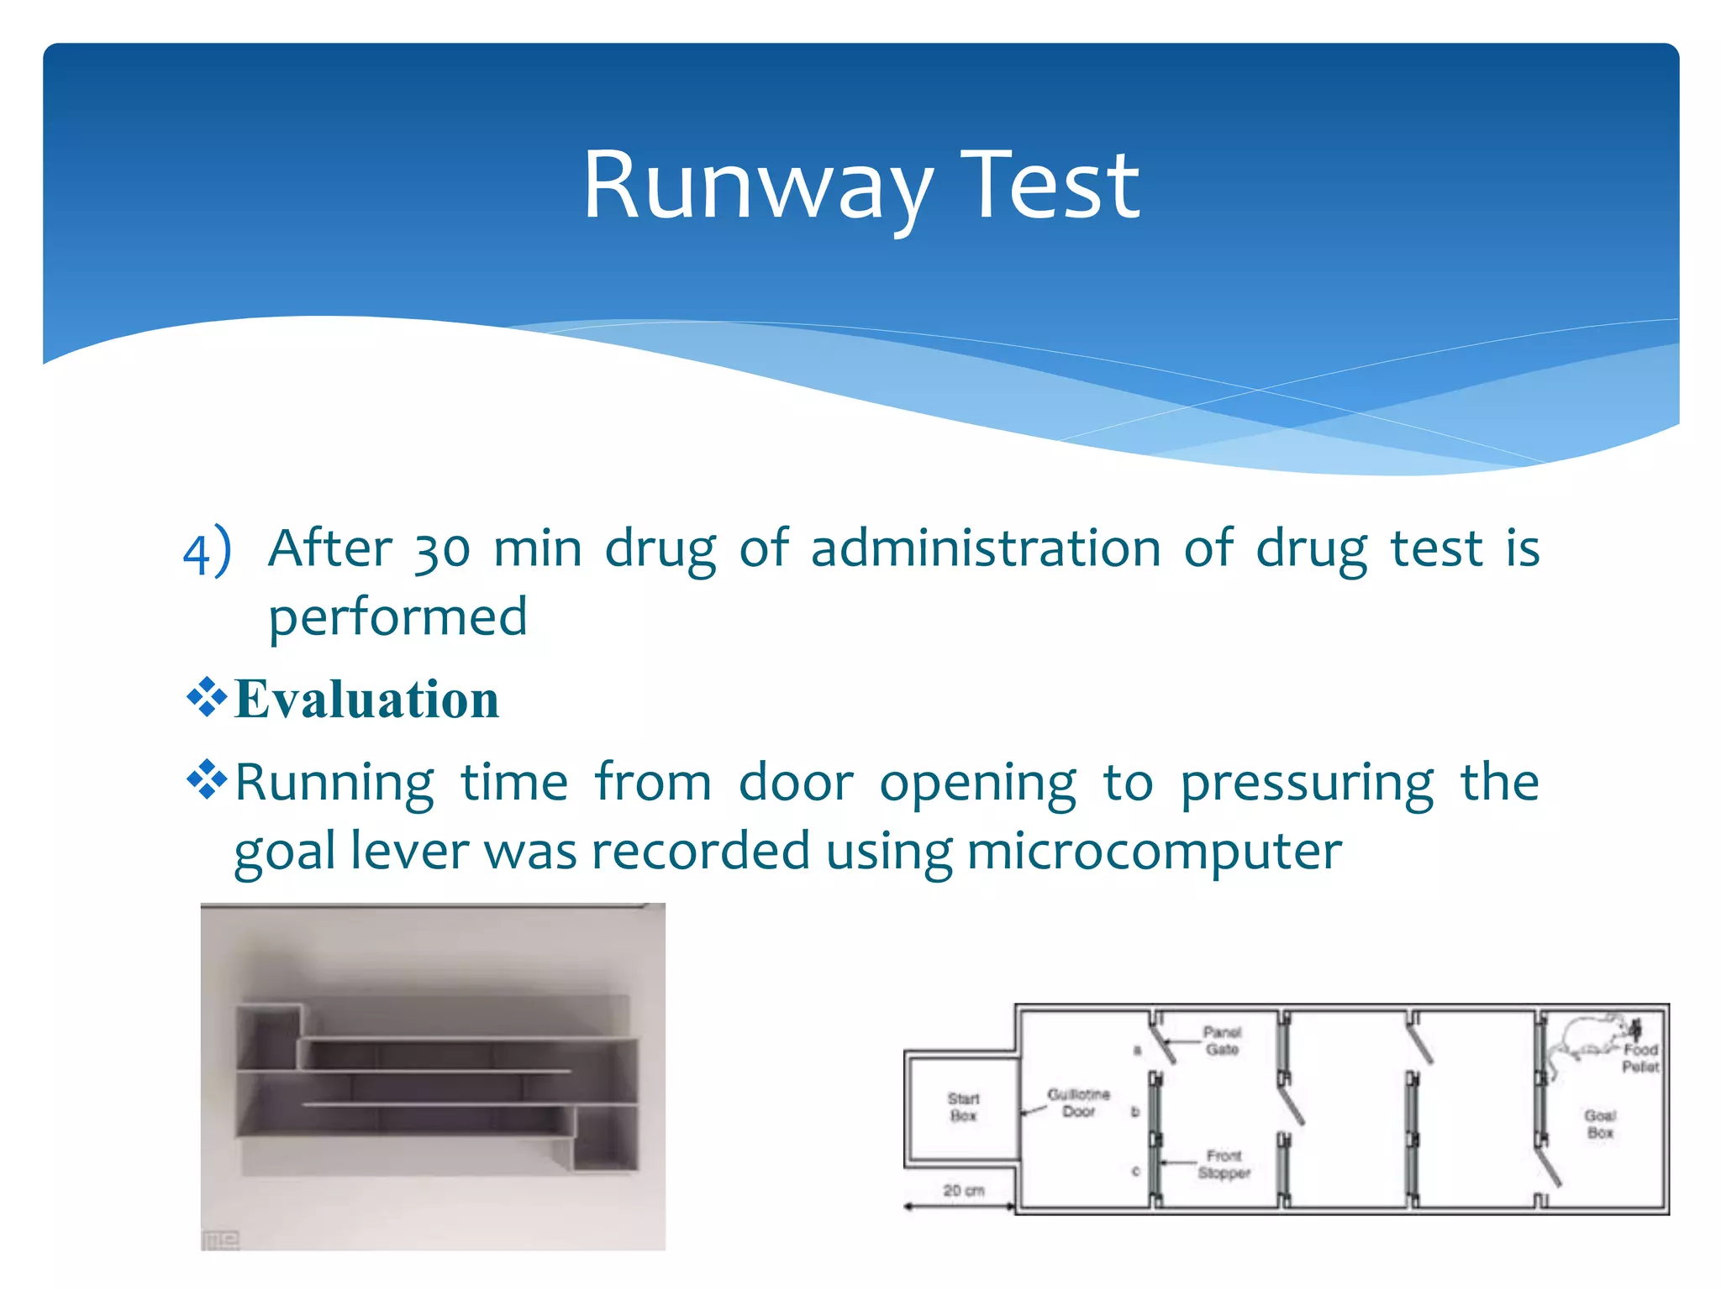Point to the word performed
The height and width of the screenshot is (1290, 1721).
(397, 618)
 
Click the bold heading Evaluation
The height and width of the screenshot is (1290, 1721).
(366, 700)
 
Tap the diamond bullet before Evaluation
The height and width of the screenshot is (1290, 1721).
(207, 697)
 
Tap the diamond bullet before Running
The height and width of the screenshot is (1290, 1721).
(207, 780)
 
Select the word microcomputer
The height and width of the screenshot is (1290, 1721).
(1154, 852)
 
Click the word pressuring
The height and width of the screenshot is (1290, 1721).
(1307, 784)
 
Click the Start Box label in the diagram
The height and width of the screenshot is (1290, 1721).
(963, 1107)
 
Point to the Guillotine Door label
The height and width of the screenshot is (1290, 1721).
(1078, 1103)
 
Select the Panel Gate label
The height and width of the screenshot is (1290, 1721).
(1222, 1041)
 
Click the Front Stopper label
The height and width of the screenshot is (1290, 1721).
(1224, 1164)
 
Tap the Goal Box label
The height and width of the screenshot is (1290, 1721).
(1600, 1124)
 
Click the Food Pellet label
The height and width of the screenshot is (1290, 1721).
(1639, 1058)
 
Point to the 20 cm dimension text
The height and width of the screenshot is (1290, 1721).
(963, 1190)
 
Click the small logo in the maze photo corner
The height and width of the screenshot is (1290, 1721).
(221, 1240)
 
